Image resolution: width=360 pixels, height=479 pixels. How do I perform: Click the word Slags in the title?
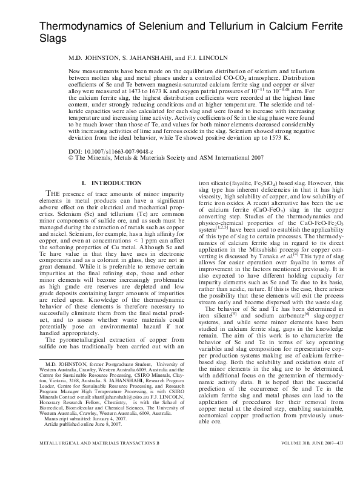click(53, 37)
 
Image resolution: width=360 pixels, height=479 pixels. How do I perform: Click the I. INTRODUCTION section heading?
click(112, 183)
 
